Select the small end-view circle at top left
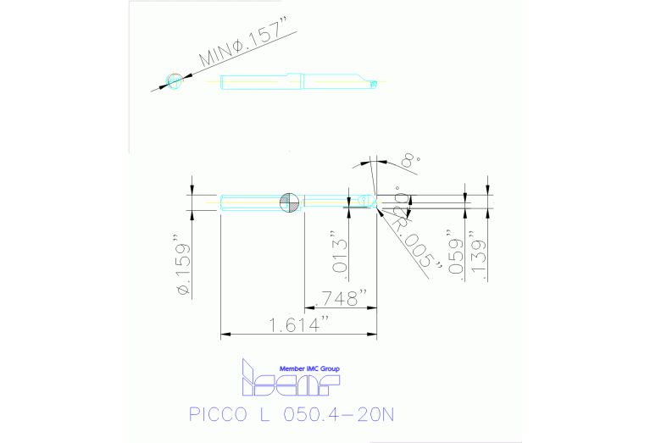point(175,80)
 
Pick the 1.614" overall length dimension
point(298,324)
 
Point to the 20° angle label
point(397,198)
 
